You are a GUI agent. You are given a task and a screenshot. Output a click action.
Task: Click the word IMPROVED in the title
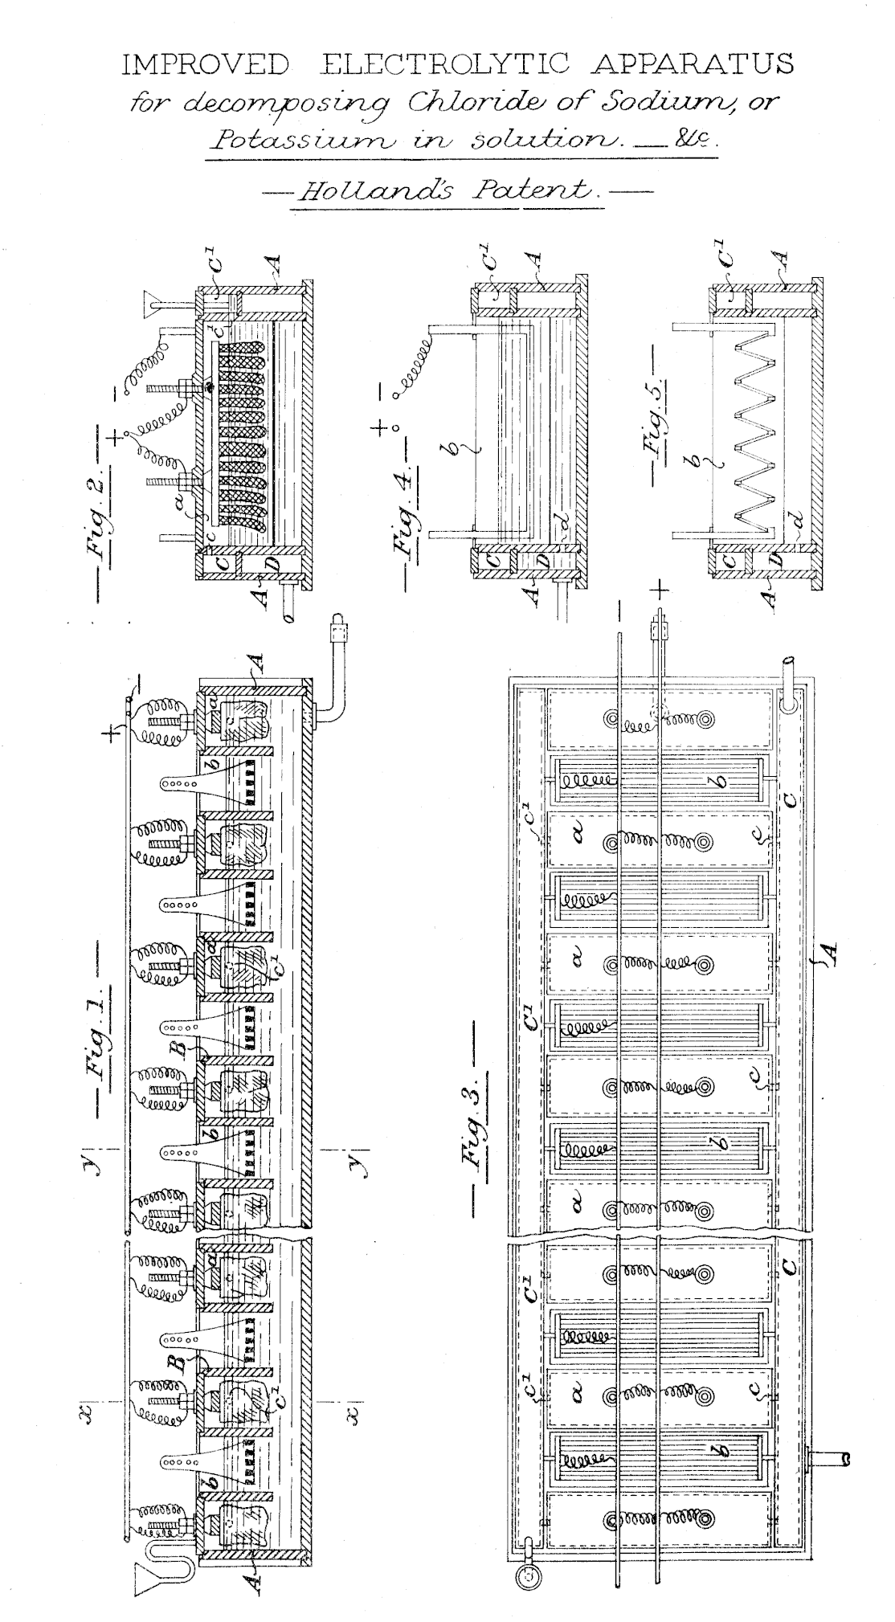[x=205, y=64]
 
